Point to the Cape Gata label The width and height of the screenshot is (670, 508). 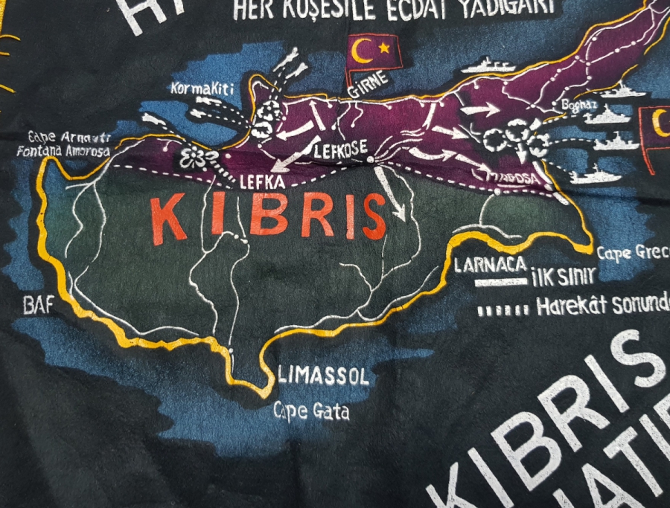click(310, 410)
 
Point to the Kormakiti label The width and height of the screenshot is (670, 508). click(202, 89)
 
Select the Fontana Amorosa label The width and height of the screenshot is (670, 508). click(65, 151)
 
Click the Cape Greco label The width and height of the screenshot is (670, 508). click(634, 253)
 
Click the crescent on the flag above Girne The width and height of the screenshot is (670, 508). click(363, 51)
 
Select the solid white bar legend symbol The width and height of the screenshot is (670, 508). click(500, 283)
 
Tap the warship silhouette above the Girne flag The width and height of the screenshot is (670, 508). click(488, 65)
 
